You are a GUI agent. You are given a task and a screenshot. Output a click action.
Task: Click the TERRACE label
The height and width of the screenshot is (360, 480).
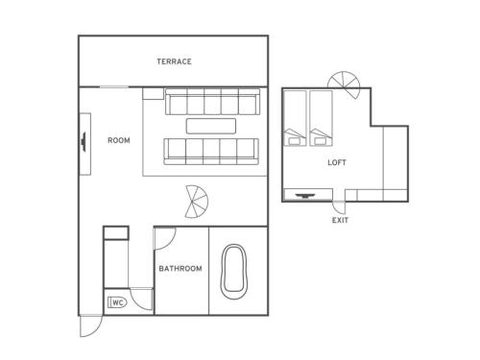[174, 61]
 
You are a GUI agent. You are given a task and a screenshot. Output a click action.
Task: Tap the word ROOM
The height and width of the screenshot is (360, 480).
[119, 140]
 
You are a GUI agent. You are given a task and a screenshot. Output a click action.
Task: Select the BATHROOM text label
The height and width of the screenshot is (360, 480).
[180, 269]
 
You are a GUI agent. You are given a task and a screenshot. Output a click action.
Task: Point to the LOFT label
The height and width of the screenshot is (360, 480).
[337, 162]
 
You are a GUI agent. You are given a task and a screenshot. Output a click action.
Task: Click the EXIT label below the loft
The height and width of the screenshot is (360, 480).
[340, 220]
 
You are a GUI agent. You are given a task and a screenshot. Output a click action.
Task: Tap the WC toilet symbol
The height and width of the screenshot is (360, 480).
[117, 302]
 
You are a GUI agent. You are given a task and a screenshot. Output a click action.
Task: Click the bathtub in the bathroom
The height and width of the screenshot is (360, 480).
[234, 272]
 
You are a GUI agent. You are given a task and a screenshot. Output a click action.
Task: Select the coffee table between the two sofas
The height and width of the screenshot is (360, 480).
[211, 126]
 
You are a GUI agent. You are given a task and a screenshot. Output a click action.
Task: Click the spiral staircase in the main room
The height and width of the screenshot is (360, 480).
[196, 202]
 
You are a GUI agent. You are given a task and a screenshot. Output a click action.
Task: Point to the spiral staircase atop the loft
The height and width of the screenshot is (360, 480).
[345, 84]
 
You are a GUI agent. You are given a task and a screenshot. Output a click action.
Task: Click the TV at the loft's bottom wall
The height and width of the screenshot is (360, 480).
[304, 195]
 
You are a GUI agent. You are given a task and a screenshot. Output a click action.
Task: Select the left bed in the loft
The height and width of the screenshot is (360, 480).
[295, 118]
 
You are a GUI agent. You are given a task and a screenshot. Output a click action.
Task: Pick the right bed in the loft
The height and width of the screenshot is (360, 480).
[321, 118]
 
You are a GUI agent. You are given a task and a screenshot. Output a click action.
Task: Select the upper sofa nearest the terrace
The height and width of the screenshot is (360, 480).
[212, 102]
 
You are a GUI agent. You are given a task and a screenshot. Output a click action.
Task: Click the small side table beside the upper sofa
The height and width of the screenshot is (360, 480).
[154, 93]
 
